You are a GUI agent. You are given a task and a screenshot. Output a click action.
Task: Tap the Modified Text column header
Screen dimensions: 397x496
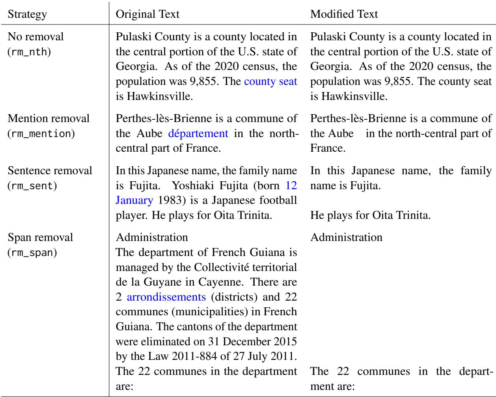[344, 15]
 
